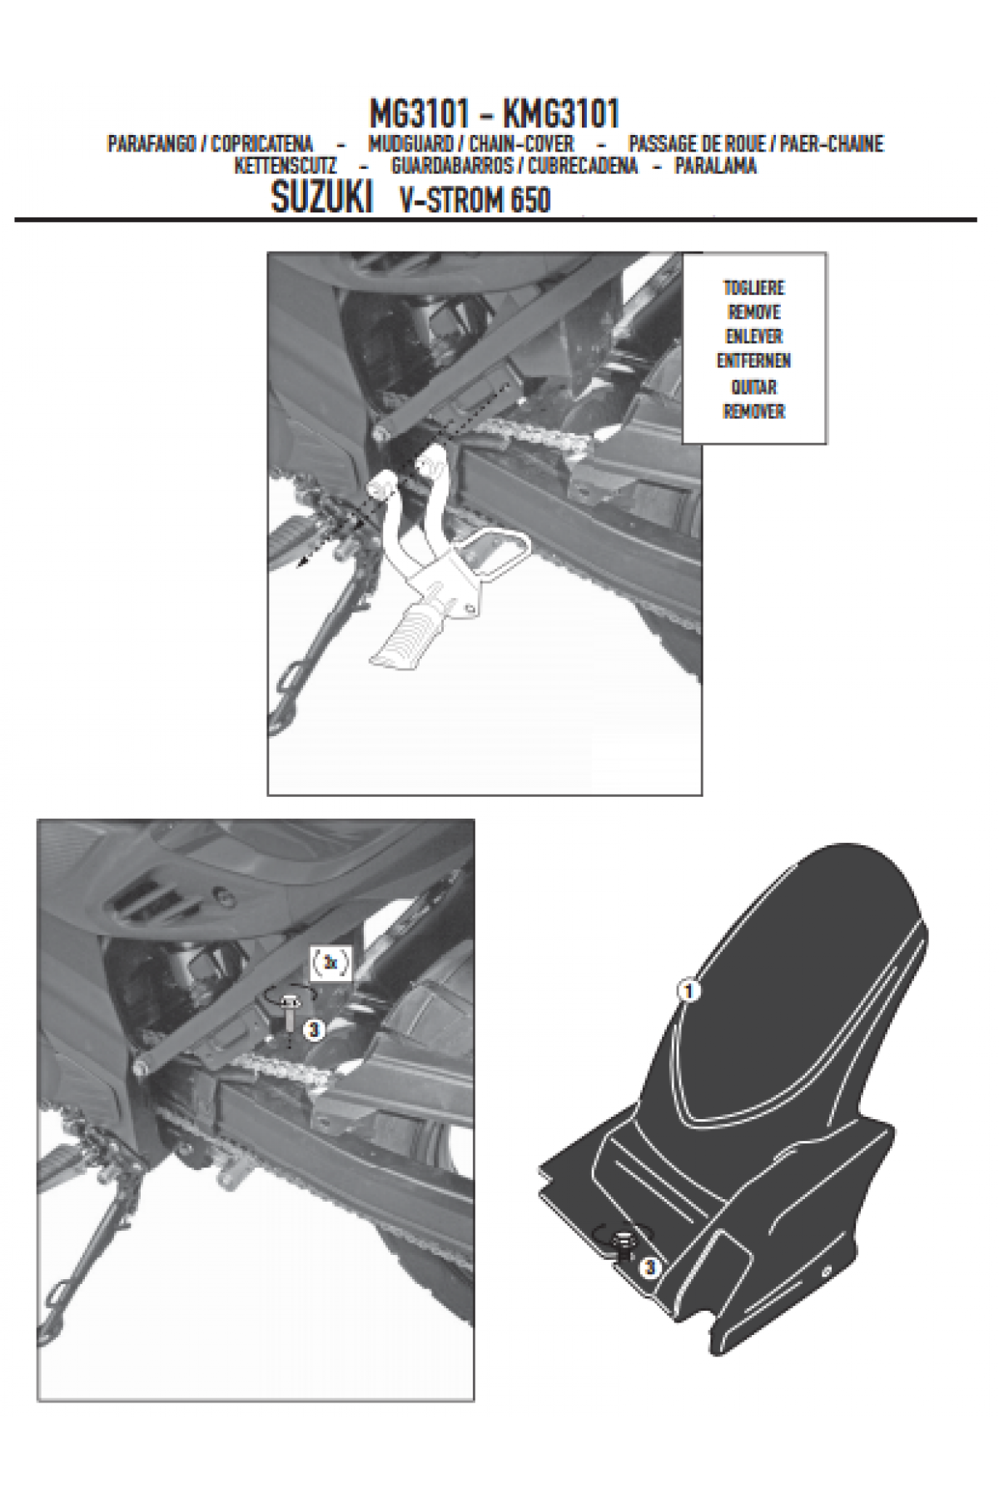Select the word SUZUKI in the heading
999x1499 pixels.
(x=321, y=200)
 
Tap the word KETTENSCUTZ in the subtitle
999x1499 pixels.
(x=286, y=166)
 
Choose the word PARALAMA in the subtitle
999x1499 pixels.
(x=716, y=166)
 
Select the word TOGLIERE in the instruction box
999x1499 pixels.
(x=754, y=288)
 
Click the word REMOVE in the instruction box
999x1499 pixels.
(x=754, y=312)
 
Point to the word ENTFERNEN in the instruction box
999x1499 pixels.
(x=754, y=361)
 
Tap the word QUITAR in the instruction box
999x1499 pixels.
(x=754, y=386)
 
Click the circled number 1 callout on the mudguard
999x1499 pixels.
(x=688, y=991)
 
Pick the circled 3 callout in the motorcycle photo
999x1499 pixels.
(x=313, y=1030)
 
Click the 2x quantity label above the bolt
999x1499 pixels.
(x=331, y=963)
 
